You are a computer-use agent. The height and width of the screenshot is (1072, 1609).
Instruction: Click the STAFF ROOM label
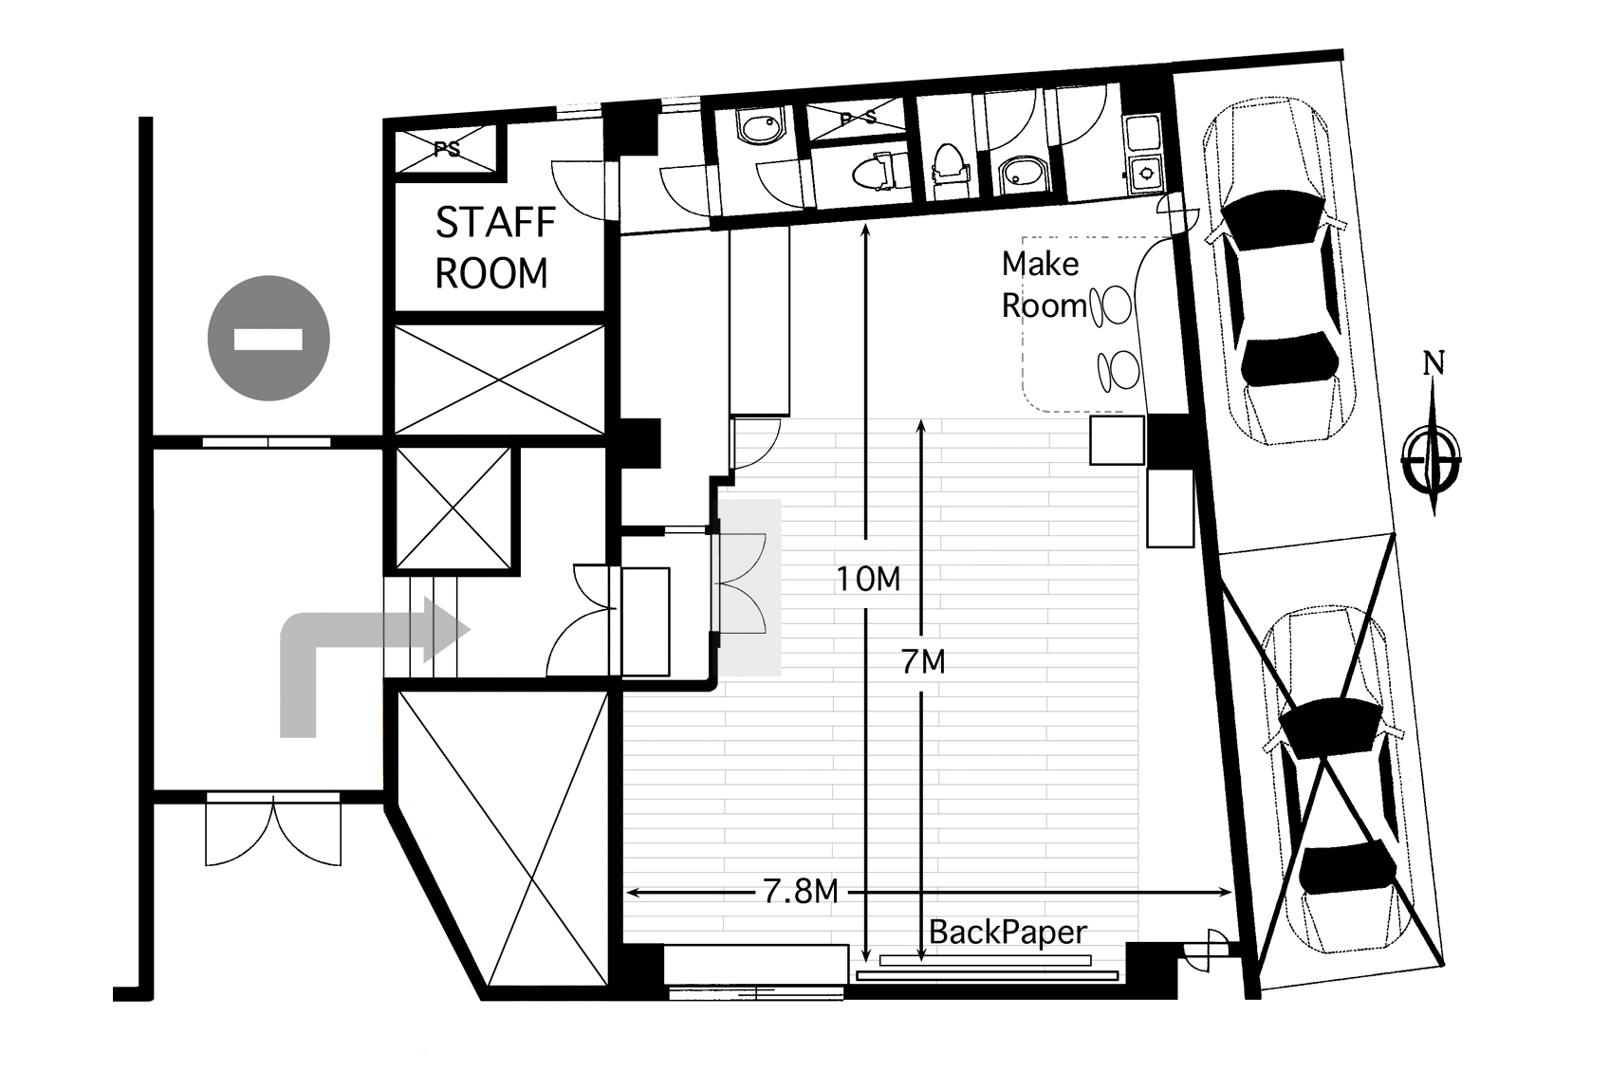click(495, 248)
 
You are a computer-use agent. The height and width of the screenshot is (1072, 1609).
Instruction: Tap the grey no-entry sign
click(268, 339)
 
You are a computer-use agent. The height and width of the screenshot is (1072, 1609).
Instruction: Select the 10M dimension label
click(868, 579)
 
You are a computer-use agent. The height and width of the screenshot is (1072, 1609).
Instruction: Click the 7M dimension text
click(923, 662)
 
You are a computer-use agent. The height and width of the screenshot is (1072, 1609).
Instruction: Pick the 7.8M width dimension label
click(800, 892)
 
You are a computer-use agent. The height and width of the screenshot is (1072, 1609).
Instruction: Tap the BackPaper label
click(1008, 933)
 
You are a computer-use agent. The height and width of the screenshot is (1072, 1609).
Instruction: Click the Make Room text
click(1043, 286)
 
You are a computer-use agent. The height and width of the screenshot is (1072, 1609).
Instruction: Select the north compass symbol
click(1433, 455)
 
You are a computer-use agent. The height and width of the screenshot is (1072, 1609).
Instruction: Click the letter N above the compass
click(1433, 363)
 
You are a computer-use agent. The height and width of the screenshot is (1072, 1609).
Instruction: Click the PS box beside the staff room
click(447, 150)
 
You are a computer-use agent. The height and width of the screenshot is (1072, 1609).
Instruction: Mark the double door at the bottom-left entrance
click(273, 830)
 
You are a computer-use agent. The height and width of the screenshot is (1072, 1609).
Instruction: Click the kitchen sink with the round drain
click(1145, 174)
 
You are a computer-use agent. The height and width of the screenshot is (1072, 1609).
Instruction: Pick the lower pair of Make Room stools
click(1119, 370)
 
